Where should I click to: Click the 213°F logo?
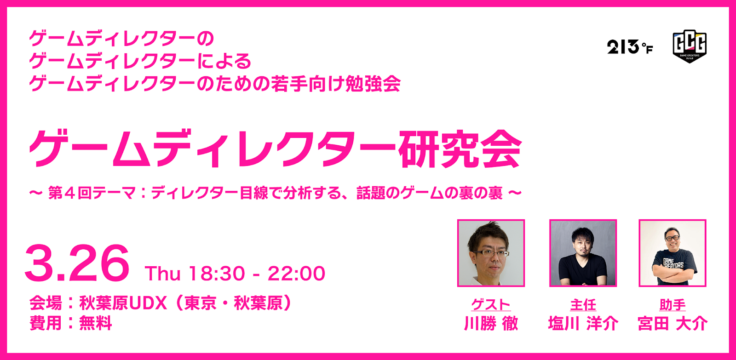629,47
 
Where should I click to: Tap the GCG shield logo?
689,46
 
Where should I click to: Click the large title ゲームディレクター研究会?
275,149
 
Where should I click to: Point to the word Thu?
162,274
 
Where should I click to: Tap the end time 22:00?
297,274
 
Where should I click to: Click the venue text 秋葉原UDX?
123,303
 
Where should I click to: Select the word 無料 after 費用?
96,323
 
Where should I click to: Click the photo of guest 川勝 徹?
491,253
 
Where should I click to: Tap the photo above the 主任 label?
583,253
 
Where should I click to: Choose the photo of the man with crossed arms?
673,253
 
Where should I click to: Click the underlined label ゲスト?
491,304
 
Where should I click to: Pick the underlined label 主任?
583,304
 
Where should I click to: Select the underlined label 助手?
673,304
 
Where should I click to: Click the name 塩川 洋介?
583,324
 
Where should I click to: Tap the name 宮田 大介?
673,324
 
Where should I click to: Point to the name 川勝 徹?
491,324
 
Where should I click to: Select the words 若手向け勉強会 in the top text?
336,84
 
